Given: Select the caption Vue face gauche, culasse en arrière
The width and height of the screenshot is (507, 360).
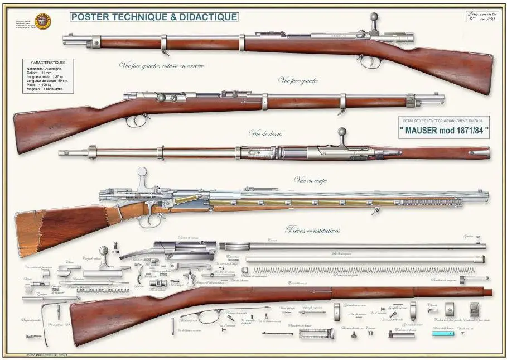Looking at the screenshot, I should (x=162, y=66).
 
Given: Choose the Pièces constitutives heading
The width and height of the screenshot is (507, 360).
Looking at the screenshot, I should (x=313, y=229).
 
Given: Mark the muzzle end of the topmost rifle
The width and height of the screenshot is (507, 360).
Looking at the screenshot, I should (x=65, y=39).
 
